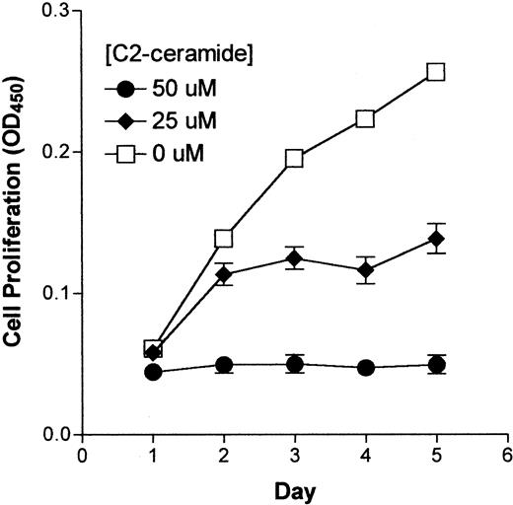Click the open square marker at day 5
pyautogui.click(x=435, y=72)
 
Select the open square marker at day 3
pyautogui.click(x=294, y=158)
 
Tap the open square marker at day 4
pyautogui.click(x=365, y=118)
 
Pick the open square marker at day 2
pyautogui.click(x=224, y=238)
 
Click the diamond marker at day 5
pyautogui.click(x=435, y=239)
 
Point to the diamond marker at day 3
pyautogui.click(x=294, y=258)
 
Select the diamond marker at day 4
pyautogui.click(x=365, y=269)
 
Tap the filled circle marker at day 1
pyautogui.click(x=153, y=372)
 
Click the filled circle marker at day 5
pyautogui.click(x=435, y=364)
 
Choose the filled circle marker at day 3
pyautogui.click(x=294, y=364)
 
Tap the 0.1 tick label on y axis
pyautogui.click(x=60, y=294)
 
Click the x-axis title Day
pyautogui.click(x=295, y=489)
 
